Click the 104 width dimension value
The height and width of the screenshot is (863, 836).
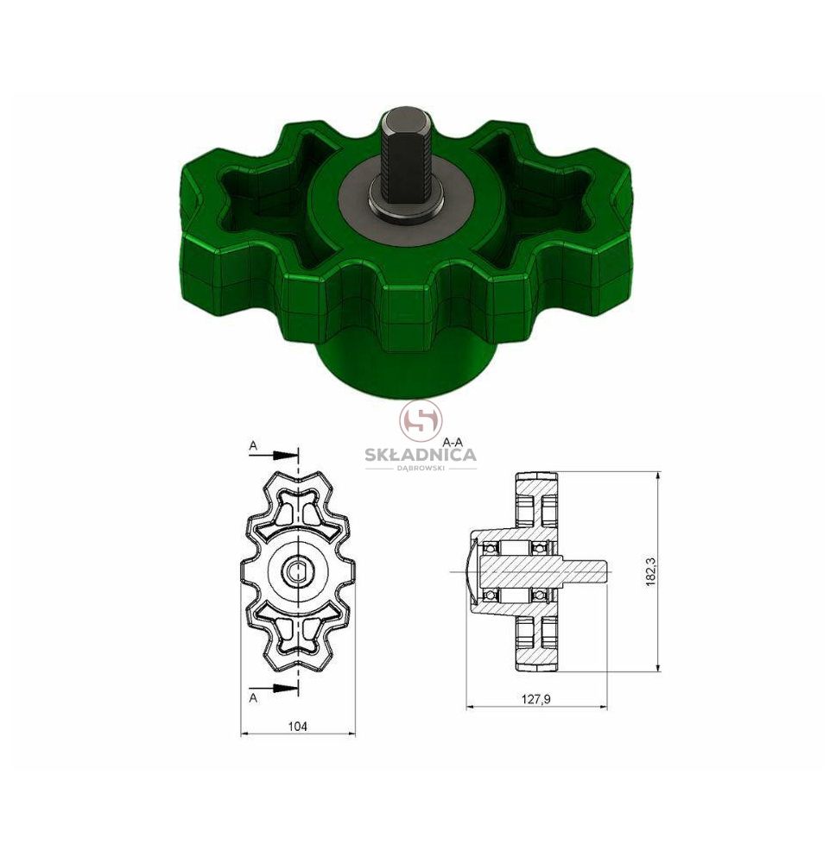(x=297, y=727)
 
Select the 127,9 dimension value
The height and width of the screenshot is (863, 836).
(x=536, y=699)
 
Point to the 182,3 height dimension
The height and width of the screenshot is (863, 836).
(x=650, y=572)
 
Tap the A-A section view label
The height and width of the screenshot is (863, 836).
(x=453, y=441)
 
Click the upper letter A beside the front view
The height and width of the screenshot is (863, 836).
(x=253, y=446)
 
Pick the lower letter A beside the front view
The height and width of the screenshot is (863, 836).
(x=253, y=698)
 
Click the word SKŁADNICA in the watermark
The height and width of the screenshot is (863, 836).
(x=421, y=455)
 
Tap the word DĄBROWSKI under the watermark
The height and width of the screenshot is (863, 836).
(x=421, y=468)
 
